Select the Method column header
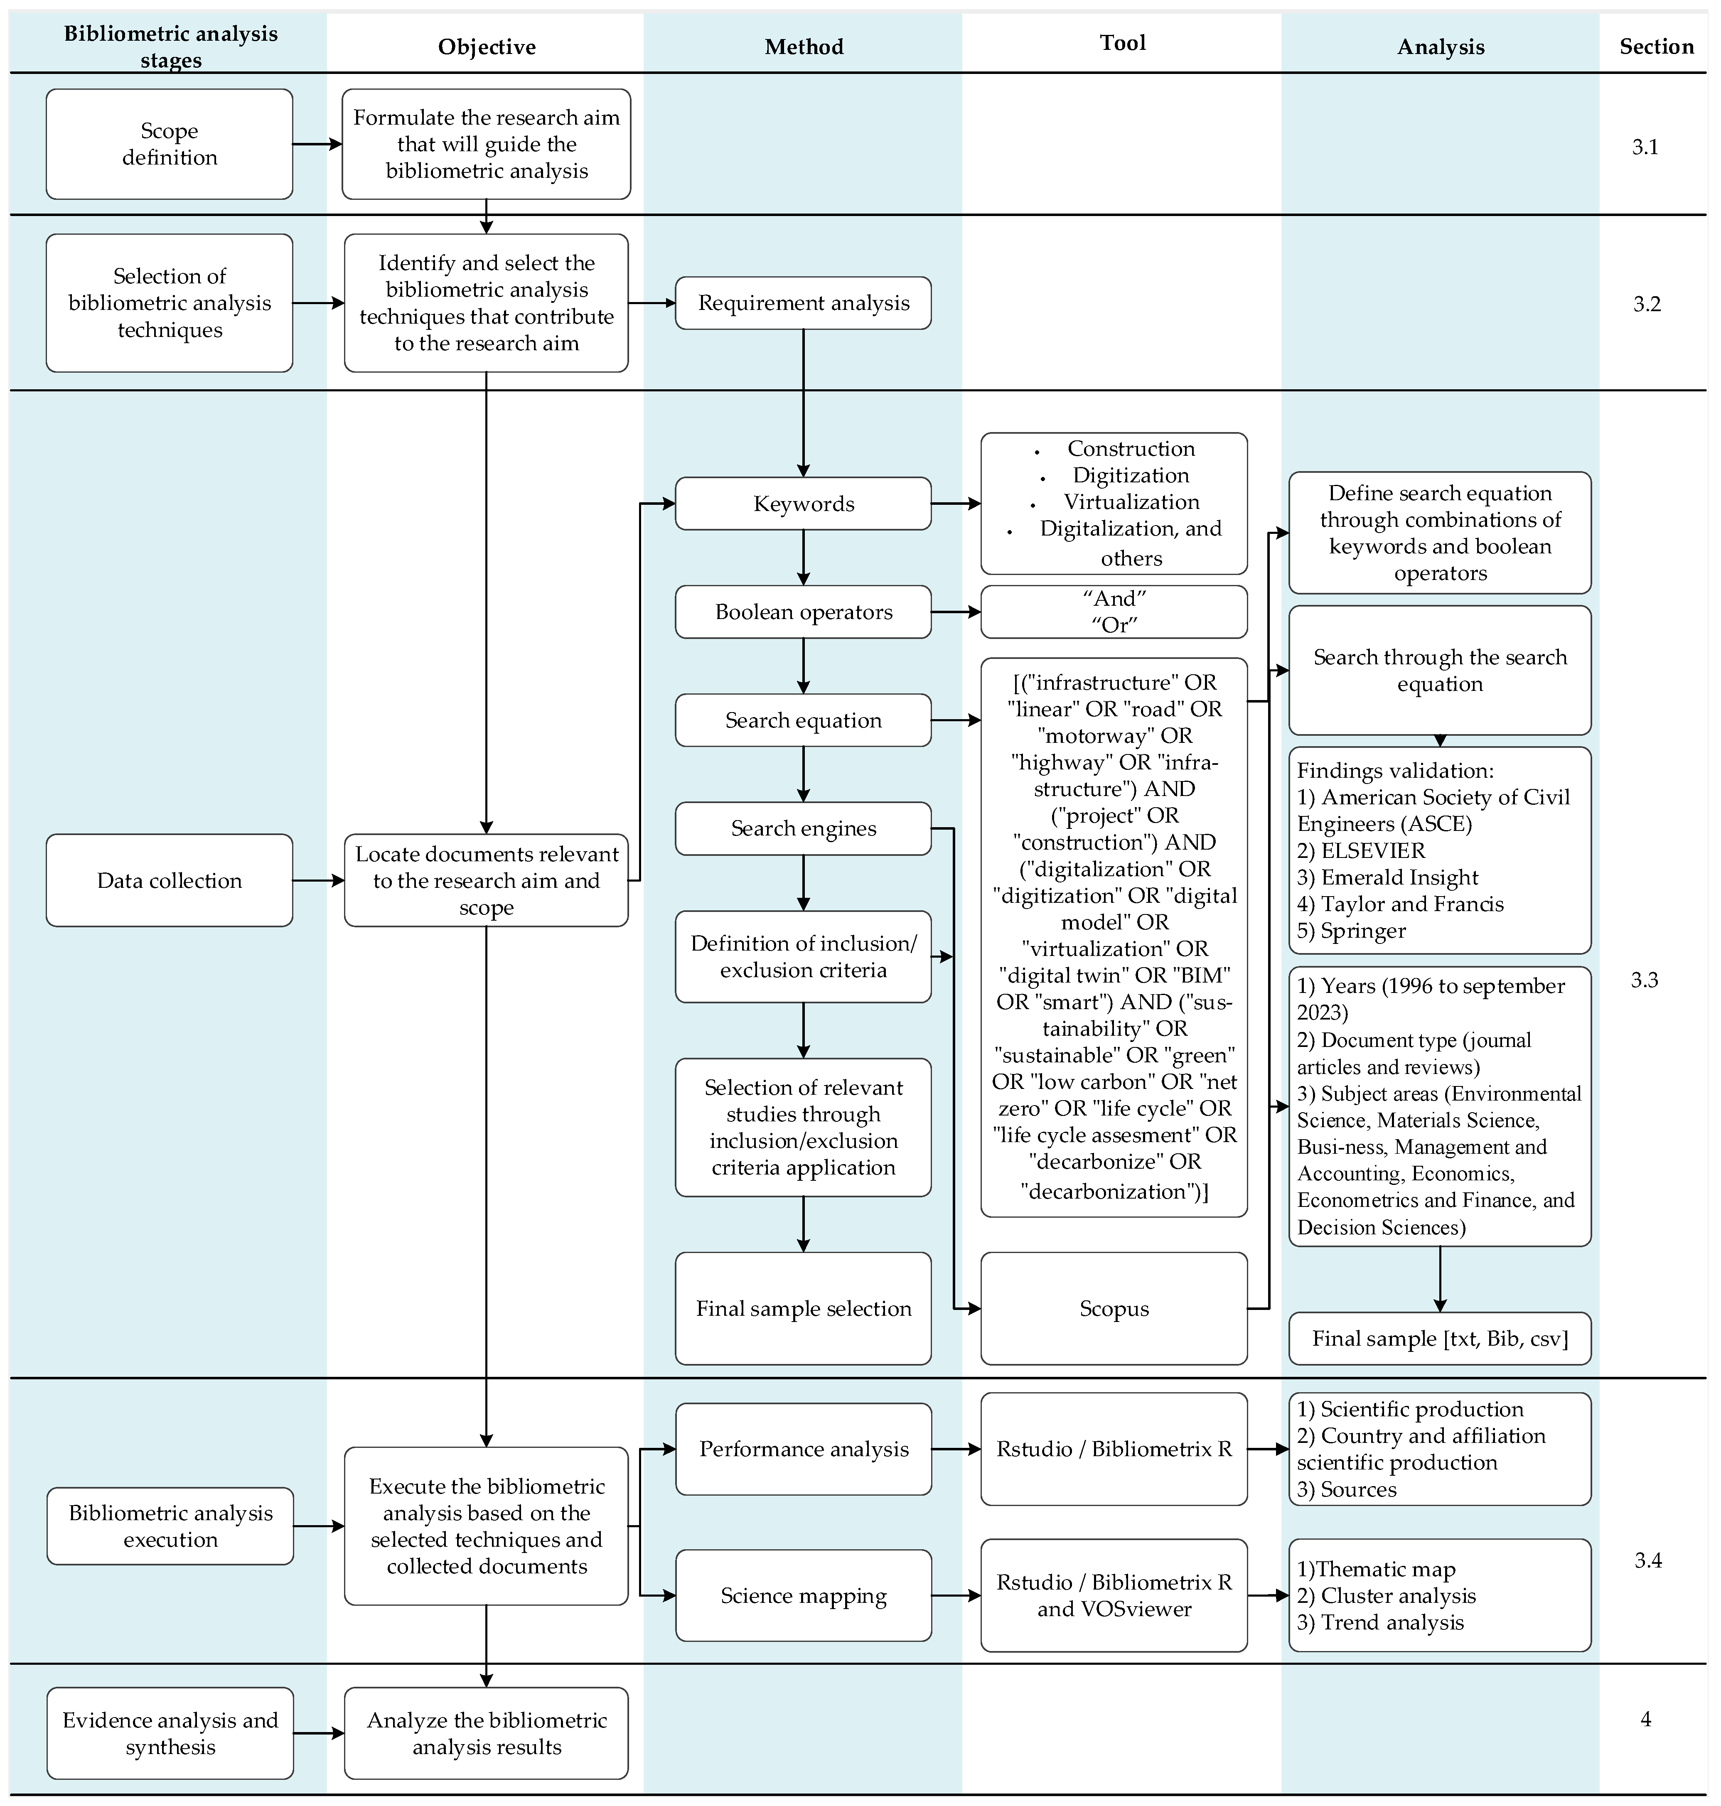tap(804, 47)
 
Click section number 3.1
tap(1644, 147)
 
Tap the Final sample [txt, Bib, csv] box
tap(1439, 1338)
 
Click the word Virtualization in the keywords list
tap(1131, 502)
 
